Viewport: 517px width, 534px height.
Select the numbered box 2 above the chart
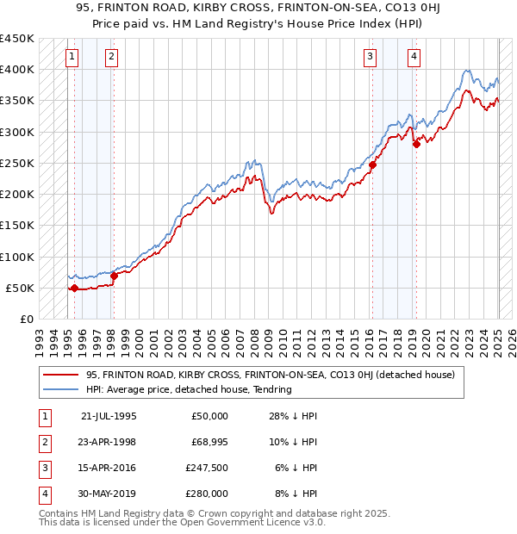(x=112, y=58)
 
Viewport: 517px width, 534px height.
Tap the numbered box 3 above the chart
(x=370, y=58)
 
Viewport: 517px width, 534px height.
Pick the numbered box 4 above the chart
(x=414, y=58)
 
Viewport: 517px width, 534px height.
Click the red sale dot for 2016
(x=373, y=165)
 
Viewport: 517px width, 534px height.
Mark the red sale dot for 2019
(x=416, y=144)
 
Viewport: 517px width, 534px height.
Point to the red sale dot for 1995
(x=74, y=289)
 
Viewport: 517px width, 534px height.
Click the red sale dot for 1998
(x=114, y=276)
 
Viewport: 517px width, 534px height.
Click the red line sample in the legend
(x=61, y=375)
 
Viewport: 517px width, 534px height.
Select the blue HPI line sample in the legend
(x=61, y=389)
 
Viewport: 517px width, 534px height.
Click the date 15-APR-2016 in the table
(x=108, y=469)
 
